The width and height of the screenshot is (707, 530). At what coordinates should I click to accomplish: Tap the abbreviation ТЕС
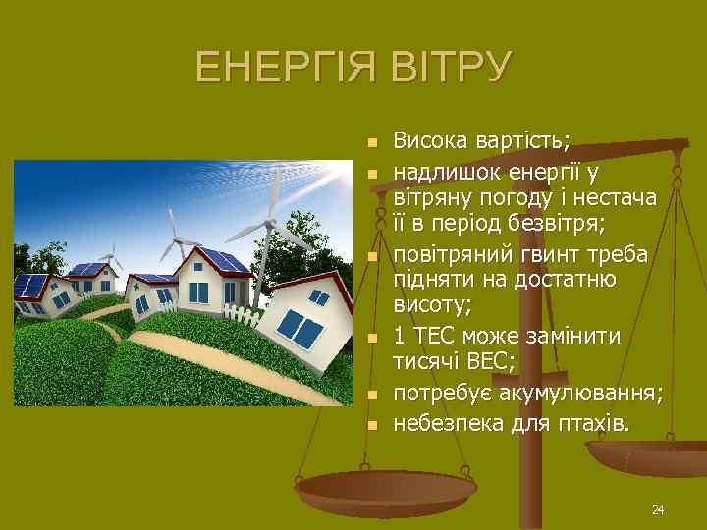pyautogui.click(x=439, y=336)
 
